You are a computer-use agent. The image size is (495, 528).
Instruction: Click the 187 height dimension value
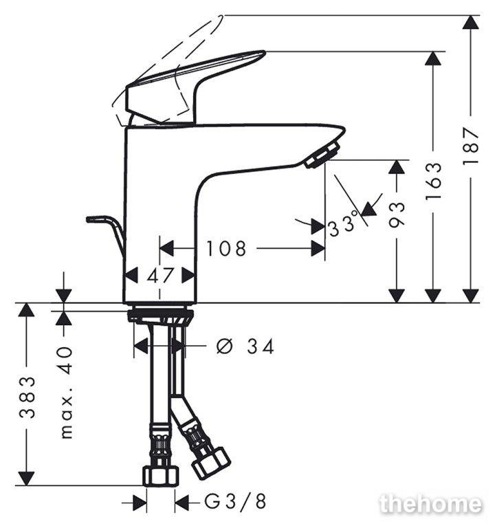(x=471, y=146)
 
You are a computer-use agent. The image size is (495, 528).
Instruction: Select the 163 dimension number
(x=433, y=181)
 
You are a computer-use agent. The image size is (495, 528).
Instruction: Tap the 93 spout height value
(x=396, y=214)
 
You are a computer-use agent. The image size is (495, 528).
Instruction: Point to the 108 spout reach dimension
(x=226, y=248)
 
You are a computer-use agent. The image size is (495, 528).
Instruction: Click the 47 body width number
(x=160, y=276)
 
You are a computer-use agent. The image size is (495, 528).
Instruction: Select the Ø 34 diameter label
(x=245, y=346)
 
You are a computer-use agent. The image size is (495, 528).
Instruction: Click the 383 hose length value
(x=27, y=397)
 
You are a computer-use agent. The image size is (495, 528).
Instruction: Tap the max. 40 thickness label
(x=67, y=393)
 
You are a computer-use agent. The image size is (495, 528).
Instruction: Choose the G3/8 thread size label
(x=235, y=503)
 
